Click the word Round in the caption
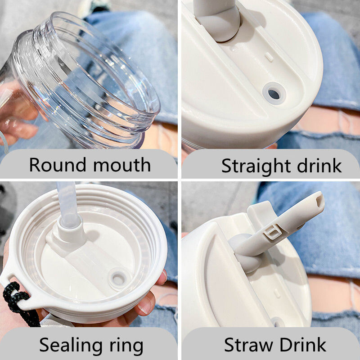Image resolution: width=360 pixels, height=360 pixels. [58, 165]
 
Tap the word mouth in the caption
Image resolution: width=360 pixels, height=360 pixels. [122, 165]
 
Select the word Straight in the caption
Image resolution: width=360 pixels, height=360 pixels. [256, 166]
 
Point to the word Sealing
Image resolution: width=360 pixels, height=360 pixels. [71, 346]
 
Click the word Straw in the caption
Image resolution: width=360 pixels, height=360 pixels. [248, 345]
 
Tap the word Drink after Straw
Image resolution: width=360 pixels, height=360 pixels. [303, 344]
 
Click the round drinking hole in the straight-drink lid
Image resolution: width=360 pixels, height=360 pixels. [274, 94]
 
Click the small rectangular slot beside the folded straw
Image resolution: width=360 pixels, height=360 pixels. [269, 57]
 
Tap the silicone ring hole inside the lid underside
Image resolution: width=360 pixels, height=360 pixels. [118, 279]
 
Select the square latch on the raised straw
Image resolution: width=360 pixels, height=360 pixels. [273, 232]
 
